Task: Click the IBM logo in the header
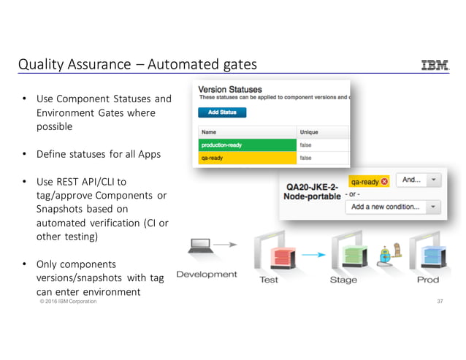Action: (x=435, y=65)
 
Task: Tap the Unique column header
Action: (x=308, y=132)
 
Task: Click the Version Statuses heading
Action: (x=230, y=88)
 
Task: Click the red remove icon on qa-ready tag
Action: (x=384, y=182)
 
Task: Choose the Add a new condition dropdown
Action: (x=393, y=207)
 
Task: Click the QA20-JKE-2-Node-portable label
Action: (x=313, y=191)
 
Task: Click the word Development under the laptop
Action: (x=207, y=275)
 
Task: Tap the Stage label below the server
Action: (x=343, y=280)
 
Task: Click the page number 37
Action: (x=440, y=302)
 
